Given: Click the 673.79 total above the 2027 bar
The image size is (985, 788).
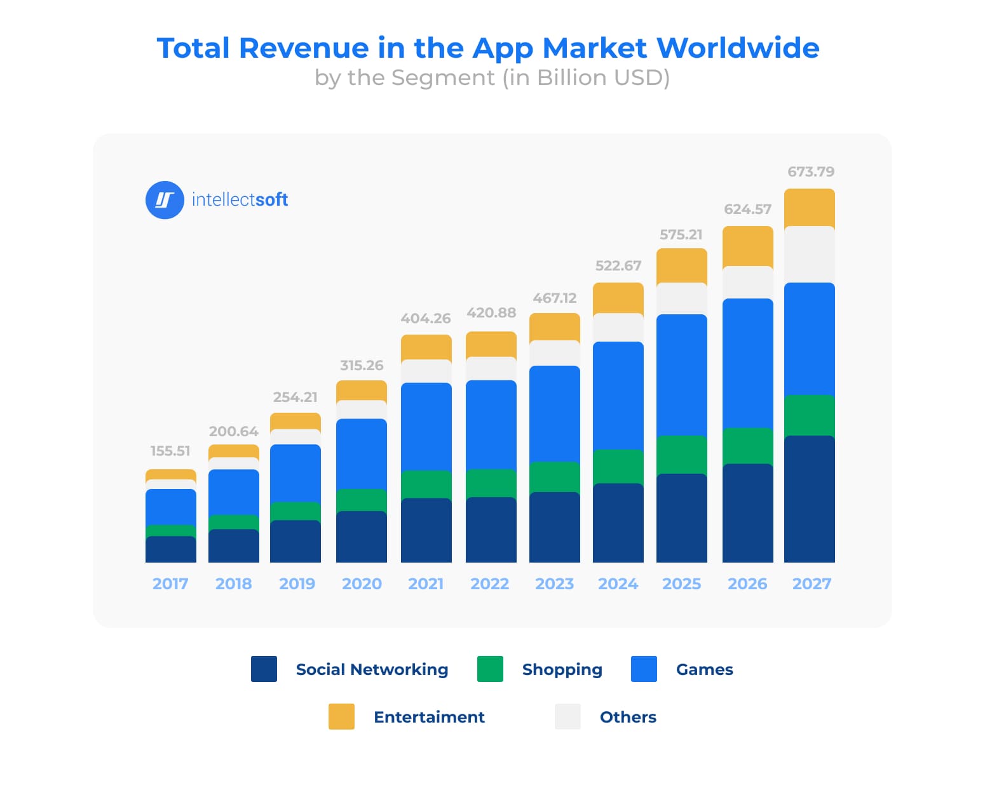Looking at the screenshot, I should click(x=810, y=171).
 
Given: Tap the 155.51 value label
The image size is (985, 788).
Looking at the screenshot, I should click(x=170, y=451).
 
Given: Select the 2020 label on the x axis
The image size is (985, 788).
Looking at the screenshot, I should click(x=362, y=584).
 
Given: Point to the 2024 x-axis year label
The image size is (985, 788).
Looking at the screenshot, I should click(x=618, y=584).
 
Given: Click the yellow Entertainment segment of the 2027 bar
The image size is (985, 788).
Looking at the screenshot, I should click(x=809, y=208).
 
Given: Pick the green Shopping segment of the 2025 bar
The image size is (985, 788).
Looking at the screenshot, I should click(x=681, y=455).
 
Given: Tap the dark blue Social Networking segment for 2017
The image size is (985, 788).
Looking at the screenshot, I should click(x=170, y=549).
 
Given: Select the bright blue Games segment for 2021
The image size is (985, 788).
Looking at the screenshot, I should click(x=426, y=427).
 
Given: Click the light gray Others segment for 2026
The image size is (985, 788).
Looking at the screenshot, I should click(x=747, y=282).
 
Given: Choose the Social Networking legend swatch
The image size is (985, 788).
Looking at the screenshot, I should click(x=264, y=669).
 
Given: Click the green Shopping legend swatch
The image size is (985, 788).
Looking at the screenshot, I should click(x=490, y=669).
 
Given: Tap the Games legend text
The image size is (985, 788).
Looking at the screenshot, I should click(x=704, y=669).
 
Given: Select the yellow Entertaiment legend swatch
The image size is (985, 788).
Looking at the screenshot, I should click(x=341, y=717).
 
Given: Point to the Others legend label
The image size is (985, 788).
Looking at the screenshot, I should click(x=628, y=717).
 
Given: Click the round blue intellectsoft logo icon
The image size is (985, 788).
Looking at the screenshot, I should click(x=165, y=200).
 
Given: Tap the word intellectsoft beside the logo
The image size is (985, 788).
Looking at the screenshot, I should click(x=240, y=200).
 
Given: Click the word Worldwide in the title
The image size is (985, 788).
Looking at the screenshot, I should click(x=737, y=48).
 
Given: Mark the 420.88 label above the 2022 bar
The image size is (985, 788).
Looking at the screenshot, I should click(x=491, y=312).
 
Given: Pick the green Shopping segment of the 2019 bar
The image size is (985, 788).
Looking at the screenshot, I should click(x=295, y=511).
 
